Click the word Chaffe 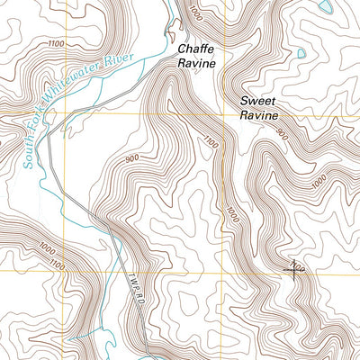point(196,49)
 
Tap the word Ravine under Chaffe point(196,64)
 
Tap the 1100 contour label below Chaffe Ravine point(211,141)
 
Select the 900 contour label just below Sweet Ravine point(283,134)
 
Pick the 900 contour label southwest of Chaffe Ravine point(133,158)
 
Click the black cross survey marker point(296,266)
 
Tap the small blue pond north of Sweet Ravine point(301,54)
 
